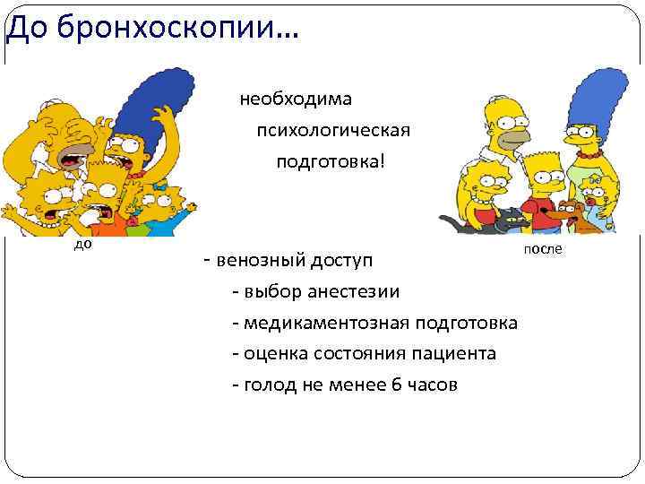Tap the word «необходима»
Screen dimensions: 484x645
(296, 99)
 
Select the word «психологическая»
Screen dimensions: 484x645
(333, 131)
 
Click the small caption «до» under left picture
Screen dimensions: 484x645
(82, 243)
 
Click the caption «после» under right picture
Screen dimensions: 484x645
(543, 248)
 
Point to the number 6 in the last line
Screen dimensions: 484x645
(396, 385)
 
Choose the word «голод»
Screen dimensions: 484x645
(268, 385)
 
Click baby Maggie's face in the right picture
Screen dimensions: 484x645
(593, 192)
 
